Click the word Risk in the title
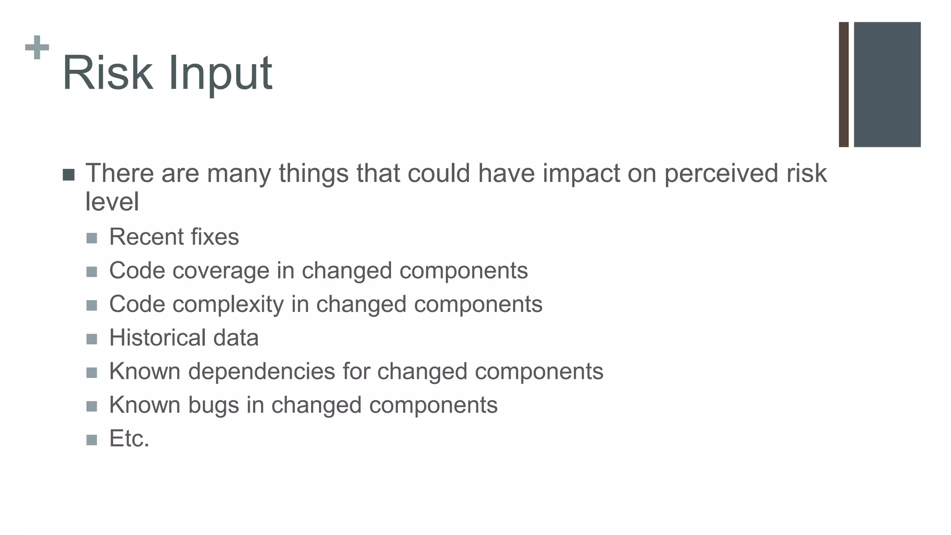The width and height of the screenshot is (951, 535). pos(108,73)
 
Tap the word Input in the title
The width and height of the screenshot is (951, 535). pos(220,74)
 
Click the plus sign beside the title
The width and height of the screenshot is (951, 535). pos(37,47)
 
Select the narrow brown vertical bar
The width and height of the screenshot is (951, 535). pos(844,85)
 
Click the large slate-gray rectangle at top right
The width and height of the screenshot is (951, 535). pos(887,85)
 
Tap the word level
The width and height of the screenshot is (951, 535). pos(112,202)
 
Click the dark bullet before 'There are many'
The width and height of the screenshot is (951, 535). pos(68,175)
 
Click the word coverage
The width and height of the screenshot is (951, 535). pos(221,271)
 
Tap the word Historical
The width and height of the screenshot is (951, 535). pos(157,338)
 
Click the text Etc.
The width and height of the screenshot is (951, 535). pos(129,439)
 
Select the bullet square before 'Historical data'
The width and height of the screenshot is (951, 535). pos(92,339)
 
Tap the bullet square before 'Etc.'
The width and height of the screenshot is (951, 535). pos(92,440)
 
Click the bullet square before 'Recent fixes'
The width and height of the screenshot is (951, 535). pos(92,238)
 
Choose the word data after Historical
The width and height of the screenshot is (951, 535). pos(235,338)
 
